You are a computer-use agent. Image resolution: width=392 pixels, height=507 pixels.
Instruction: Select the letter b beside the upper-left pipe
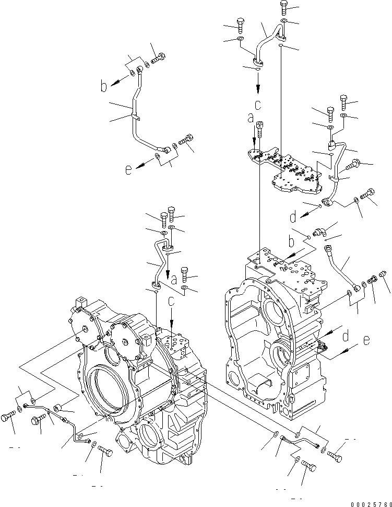[104, 87]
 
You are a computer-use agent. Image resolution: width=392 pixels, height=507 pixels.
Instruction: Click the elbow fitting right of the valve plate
[319, 231]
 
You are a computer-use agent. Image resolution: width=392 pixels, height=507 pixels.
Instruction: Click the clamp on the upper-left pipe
[135, 117]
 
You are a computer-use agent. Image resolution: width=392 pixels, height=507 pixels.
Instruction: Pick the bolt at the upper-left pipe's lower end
[186, 140]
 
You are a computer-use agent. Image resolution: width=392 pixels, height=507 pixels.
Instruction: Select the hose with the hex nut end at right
[339, 266]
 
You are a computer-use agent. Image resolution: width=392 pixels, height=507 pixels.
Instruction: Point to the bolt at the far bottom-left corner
[8, 417]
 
